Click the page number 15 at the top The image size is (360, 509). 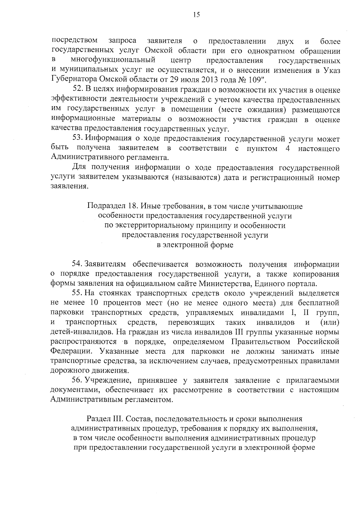pos(196,15)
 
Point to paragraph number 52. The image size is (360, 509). pos(78,90)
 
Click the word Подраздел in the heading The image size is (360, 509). pos(105,206)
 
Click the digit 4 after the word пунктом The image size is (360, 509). pos(287,149)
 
